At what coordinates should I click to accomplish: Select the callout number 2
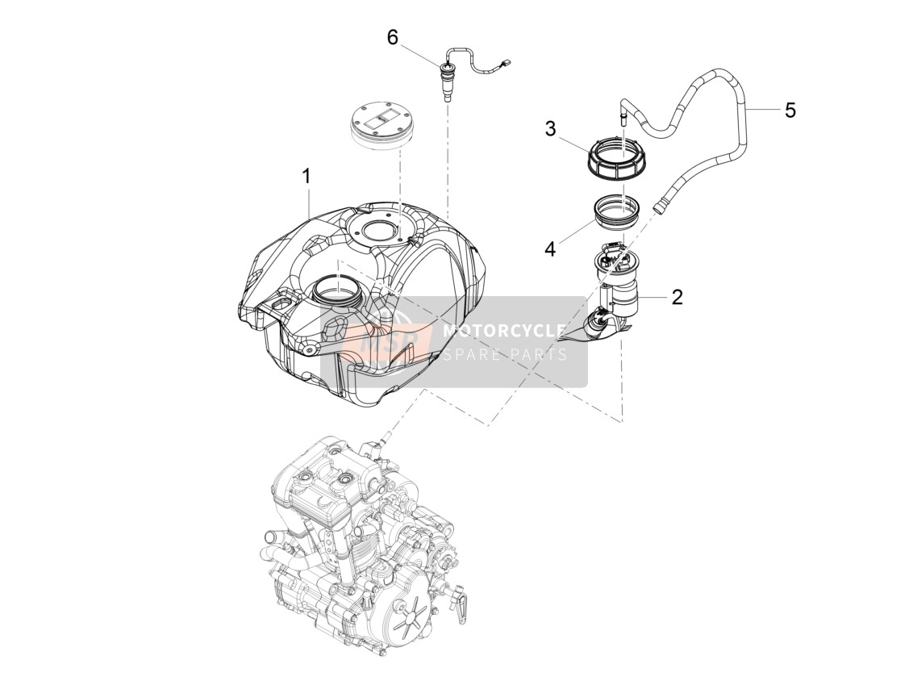[678, 297]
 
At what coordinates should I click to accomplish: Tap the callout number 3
[550, 128]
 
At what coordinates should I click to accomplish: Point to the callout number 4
[550, 249]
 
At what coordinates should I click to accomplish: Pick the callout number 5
[790, 110]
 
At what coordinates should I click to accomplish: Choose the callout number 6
[393, 38]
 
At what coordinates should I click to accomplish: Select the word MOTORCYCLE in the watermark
[504, 331]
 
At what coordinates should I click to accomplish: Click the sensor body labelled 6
[447, 81]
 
